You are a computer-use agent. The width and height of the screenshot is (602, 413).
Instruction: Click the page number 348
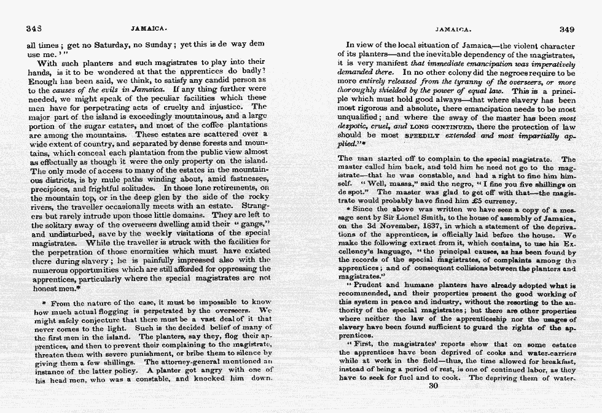pos(34,29)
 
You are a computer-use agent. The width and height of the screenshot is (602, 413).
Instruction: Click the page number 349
pos(567,29)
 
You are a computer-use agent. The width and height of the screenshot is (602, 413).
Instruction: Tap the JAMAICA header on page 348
pos(149,29)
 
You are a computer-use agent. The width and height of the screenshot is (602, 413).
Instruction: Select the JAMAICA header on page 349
pos(453,29)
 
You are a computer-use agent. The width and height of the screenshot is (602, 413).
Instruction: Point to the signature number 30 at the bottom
pos(434,385)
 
